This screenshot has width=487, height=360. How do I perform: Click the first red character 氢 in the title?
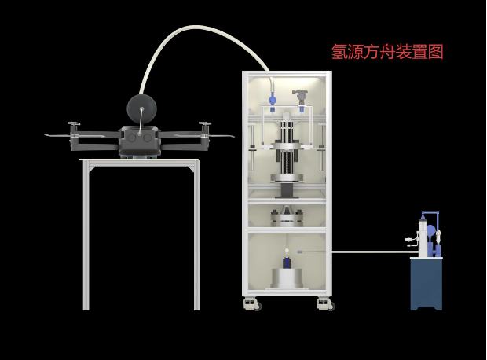click(339, 51)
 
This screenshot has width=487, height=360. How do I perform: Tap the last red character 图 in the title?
click(435, 51)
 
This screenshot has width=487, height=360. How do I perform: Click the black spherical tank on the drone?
click(141, 109)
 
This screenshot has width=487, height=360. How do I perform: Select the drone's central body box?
click(140, 141)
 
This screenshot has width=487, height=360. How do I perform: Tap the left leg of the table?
click(86, 237)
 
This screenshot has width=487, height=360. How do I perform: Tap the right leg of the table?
click(196, 237)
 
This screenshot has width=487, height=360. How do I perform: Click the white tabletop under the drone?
click(139, 160)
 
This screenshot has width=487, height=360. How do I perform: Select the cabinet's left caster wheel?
click(252, 303)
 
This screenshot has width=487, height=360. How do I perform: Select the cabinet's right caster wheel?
click(326, 303)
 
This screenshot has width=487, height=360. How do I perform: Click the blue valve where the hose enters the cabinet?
click(273, 99)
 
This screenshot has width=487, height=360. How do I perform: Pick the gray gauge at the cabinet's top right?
click(300, 95)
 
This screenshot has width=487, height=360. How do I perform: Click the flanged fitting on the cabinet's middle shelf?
click(287, 217)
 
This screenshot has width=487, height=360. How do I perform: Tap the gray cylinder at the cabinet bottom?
click(287, 278)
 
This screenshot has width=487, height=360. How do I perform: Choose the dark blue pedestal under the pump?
click(427, 284)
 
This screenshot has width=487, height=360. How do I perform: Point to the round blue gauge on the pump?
click(431, 230)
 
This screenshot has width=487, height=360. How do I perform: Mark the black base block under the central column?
click(287, 190)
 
